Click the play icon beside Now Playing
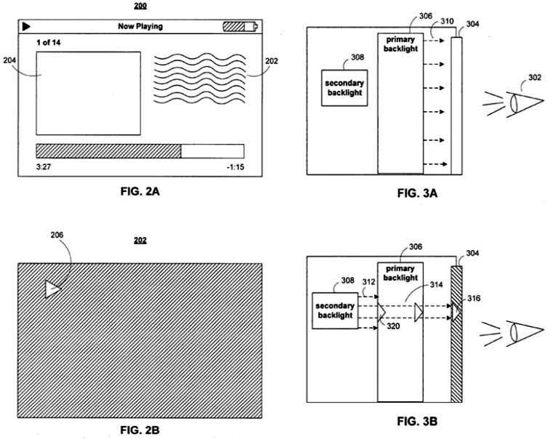26,26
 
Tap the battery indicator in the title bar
241,26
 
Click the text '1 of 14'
48,43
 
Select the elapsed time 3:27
44,166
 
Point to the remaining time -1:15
235,166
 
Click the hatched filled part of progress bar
108,151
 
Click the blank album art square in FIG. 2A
89,94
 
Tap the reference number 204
9,60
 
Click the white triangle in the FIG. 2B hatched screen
53,289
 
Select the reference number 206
57,235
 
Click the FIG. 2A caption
140,191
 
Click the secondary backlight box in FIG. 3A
344,88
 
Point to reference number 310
447,21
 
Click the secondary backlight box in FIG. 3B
335,310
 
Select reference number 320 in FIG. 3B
393,326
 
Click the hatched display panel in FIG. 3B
457,334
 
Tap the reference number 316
474,298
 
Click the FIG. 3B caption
417,421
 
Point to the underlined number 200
140,6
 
